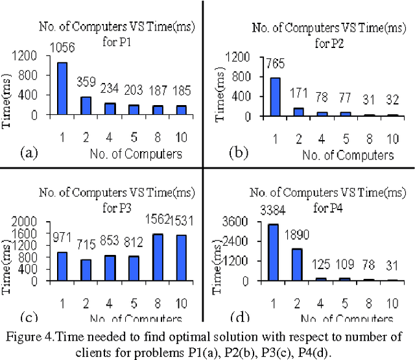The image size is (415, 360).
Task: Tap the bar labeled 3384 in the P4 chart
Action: coord(255,252)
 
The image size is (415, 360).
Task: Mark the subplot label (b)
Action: coord(238,154)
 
